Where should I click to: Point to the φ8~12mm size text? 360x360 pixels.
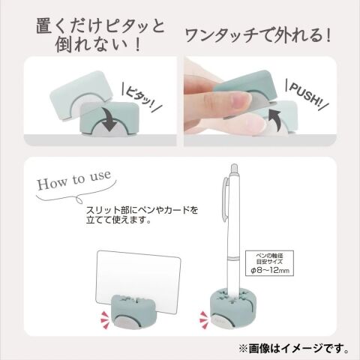coord(269,270)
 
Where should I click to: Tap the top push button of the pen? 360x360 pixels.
coord(234,167)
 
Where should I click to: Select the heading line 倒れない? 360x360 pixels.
coord(98,45)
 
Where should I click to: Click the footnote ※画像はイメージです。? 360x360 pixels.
coord(294,349)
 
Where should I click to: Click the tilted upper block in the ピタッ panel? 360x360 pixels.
coord(80,95)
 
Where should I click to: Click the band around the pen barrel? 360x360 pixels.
coord(234,259)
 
